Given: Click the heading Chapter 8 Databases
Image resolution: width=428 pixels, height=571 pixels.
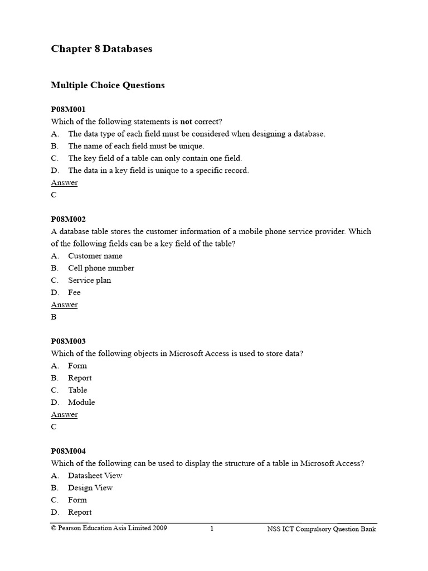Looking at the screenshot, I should [101, 49].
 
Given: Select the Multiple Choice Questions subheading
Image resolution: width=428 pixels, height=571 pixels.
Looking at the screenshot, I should [108, 85].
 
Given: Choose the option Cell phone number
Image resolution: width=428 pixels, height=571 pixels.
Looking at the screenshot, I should [101, 268].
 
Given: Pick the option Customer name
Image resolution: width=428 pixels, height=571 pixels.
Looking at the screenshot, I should [95, 256].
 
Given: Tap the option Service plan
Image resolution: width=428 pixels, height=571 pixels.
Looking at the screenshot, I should [89, 280].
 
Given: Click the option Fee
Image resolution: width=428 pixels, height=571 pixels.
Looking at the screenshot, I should [74, 293].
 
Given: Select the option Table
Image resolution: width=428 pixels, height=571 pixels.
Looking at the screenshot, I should [77, 390].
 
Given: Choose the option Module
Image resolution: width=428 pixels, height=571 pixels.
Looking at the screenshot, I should [81, 403].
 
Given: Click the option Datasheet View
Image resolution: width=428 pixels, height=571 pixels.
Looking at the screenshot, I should [95, 476].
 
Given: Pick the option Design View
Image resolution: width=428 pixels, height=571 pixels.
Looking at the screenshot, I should [90, 488].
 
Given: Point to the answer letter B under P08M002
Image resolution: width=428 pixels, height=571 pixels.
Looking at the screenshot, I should [54, 317].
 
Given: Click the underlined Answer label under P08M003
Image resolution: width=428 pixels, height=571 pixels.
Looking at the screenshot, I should [64, 415].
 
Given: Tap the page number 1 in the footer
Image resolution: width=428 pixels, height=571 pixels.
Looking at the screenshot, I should [212, 529].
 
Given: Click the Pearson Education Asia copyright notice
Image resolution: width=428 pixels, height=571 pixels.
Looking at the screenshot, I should [109, 528].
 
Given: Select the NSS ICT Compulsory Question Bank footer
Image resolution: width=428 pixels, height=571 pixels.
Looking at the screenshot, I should [322, 529].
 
